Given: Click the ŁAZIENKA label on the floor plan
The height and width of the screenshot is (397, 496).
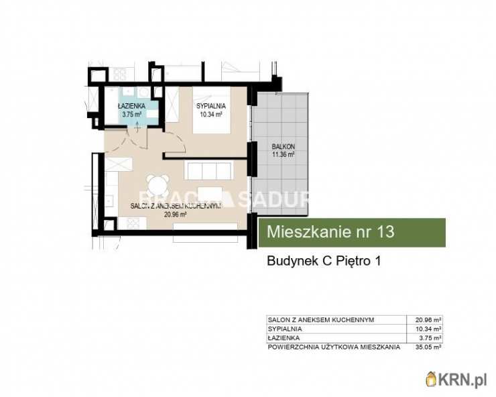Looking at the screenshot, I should pyautogui.click(x=129, y=106).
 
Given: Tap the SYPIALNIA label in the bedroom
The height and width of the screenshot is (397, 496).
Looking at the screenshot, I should pyautogui.click(x=210, y=106).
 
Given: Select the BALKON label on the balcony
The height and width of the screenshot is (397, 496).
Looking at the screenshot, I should pyautogui.click(x=284, y=146).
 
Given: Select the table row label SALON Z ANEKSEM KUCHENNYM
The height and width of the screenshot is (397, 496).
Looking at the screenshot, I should pyautogui.click(x=320, y=320).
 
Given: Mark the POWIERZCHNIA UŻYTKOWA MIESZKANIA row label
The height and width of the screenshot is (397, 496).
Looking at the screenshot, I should pyautogui.click(x=333, y=347).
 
